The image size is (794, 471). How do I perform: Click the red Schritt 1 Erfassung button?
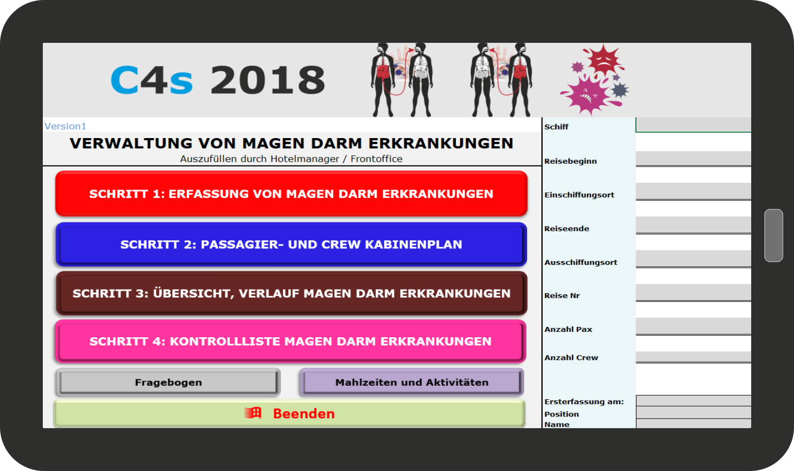click(x=292, y=194)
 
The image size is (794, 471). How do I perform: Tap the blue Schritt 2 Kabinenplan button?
click(x=292, y=245)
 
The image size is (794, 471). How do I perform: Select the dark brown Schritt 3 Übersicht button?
click(x=292, y=293)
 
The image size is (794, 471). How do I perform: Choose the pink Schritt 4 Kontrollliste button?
click(x=291, y=341)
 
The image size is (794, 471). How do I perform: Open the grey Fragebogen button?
click(x=169, y=382)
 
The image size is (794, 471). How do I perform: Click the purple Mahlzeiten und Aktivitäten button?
click(x=412, y=382)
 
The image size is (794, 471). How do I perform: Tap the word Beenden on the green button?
click(x=304, y=414)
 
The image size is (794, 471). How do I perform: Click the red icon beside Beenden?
click(x=253, y=413)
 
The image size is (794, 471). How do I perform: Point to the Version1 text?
click(x=65, y=126)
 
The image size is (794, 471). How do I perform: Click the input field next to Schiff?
click(x=693, y=125)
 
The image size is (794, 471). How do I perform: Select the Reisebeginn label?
click(x=570, y=161)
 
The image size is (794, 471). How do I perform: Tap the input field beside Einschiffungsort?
click(x=693, y=192)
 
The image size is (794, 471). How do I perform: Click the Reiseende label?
click(x=567, y=229)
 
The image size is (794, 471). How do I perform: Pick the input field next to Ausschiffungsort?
click(x=693, y=259)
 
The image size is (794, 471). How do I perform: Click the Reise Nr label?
click(x=562, y=295)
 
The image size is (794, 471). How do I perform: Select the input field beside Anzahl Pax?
click(x=693, y=326)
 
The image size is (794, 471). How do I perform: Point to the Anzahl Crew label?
click(x=571, y=358)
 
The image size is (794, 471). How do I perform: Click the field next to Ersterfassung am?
click(x=694, y=401)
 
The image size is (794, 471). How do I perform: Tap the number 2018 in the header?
click(x=268, y=80)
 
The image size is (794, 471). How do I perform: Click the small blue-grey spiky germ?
click(x=620, y=90)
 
